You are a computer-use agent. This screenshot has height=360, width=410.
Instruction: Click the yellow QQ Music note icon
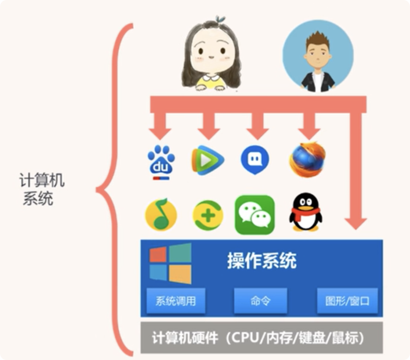(160, 215)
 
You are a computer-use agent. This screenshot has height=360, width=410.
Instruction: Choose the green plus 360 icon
(208, 215)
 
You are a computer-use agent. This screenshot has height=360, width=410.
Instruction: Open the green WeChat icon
(254, 215)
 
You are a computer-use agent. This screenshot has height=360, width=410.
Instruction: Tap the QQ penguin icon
(305, 212)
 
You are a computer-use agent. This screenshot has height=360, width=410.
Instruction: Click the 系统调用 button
(175, 301)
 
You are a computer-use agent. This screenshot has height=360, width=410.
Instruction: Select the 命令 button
(260, 301)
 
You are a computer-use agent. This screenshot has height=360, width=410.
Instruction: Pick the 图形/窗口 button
(347, 301)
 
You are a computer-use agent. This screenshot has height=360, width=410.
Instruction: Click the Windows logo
(170, 263)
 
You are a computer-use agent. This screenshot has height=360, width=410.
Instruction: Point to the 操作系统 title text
(262, 261)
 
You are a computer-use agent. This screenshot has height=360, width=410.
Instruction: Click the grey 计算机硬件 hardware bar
(262, 338)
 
